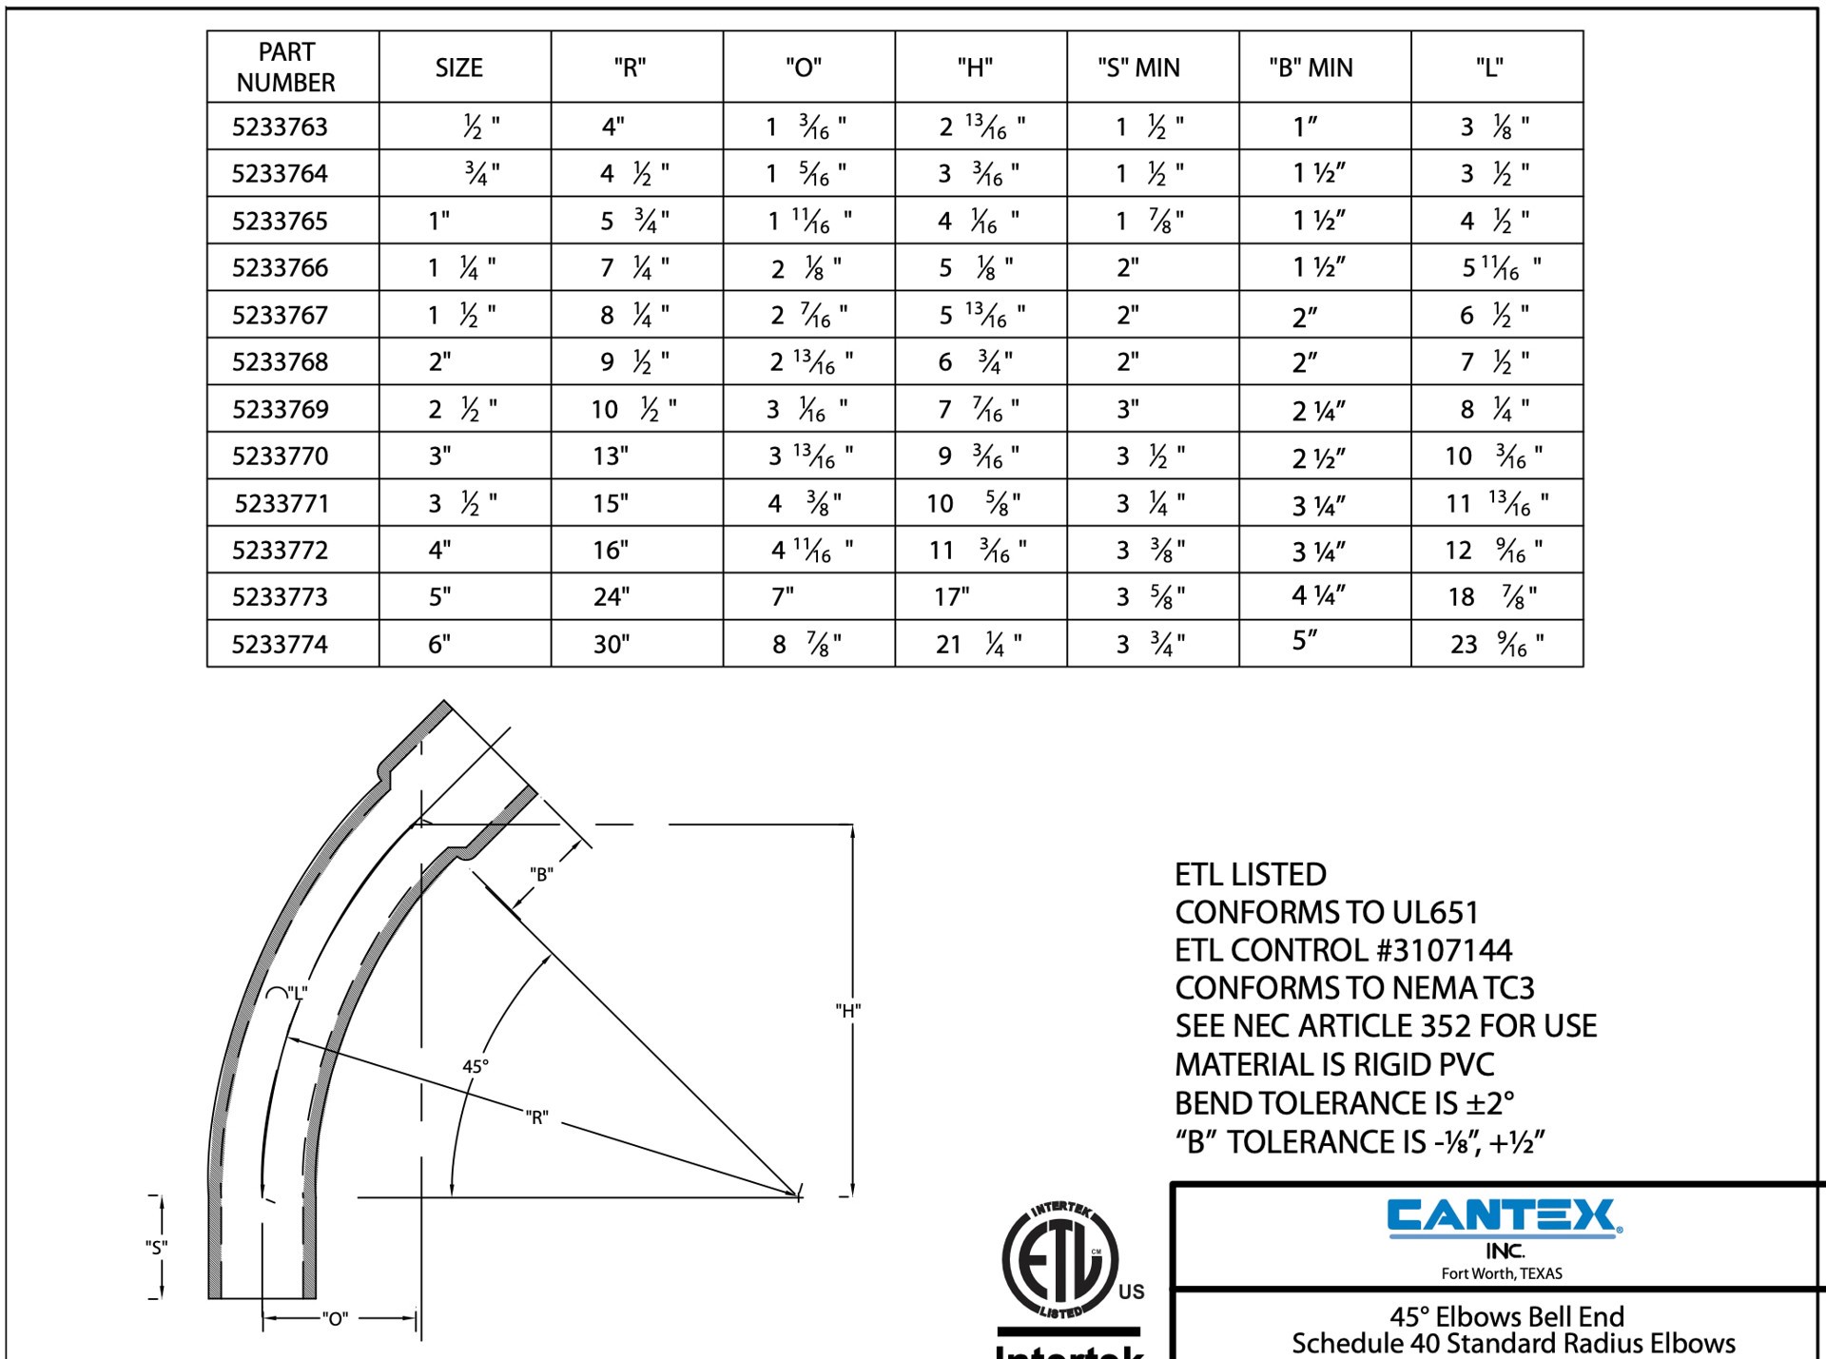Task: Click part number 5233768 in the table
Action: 280,362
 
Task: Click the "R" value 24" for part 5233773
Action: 612,597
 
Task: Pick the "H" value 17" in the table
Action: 952,597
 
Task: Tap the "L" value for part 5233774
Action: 1496,645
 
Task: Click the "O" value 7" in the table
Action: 783,597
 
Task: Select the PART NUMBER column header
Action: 285,67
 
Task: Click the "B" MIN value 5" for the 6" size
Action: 1305,641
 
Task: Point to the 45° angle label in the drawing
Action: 476,1067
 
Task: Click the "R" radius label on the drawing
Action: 537,1117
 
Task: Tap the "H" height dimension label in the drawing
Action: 848,1011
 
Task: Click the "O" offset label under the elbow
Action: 336,1319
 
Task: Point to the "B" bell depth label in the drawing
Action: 541,874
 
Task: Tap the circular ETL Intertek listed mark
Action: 1060,1261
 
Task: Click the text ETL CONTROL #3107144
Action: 1343,950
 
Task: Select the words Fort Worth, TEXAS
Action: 1502,1273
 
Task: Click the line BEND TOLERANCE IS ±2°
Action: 1344,1103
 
